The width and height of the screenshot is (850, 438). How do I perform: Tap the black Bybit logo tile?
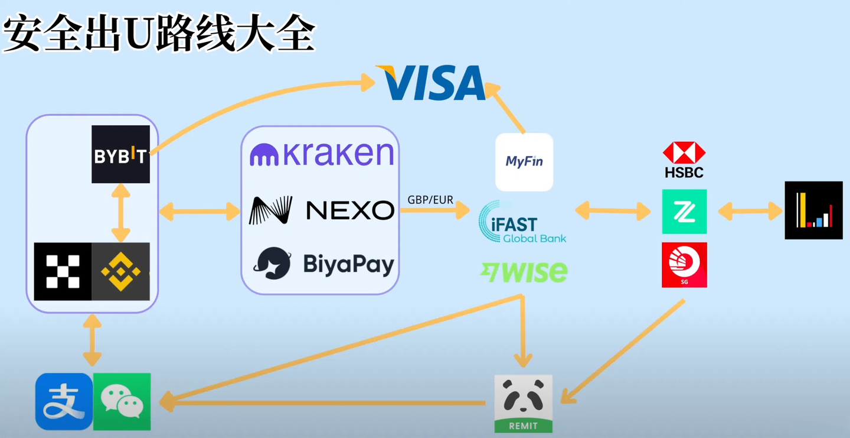click(120, 154)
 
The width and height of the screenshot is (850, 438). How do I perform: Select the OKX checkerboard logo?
click(63, 271)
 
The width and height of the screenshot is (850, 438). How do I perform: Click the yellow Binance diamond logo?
click(120, 271)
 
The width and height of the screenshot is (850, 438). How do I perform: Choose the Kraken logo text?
click(322, 154)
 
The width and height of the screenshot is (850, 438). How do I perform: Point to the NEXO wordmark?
click(349, 210)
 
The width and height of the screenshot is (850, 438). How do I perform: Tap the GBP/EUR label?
click(430, 200)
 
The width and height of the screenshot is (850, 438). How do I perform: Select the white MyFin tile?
click(524, 162)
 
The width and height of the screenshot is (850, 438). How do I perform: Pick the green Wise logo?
click(524, 272)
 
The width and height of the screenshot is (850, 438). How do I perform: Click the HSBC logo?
click(684, 160)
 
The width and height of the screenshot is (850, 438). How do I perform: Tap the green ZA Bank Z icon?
click(684, 212)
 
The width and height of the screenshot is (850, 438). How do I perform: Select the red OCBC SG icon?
click(684, 265)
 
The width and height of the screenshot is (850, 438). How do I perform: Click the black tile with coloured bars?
click(813, 210)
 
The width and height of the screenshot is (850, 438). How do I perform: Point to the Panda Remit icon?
click(524, 403)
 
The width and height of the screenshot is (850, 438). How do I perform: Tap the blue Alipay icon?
click(64, 401)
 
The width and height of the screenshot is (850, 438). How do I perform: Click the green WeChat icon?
click(122, 401)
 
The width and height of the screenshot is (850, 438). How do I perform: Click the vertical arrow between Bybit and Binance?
click(120, 213)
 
